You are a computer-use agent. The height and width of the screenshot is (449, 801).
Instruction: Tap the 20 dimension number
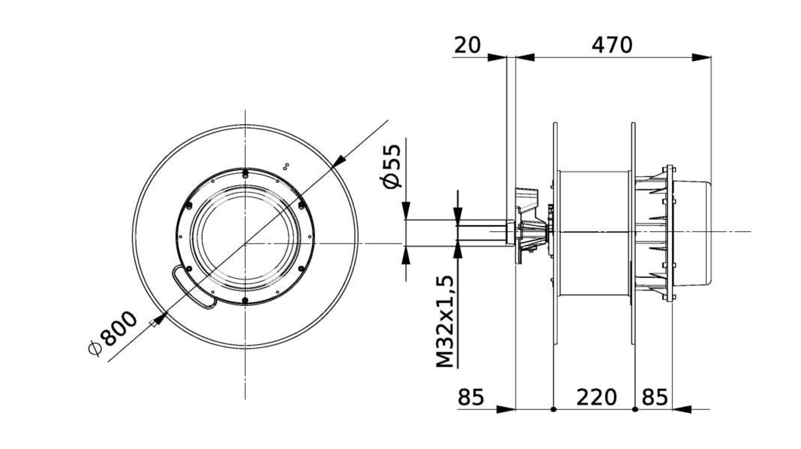tap(467, 45)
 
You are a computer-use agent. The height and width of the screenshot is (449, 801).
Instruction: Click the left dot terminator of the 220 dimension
tap(553, 409)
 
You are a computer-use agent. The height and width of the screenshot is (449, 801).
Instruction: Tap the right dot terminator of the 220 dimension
tap(635, 409)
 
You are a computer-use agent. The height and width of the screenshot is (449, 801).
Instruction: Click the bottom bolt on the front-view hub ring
tap(245, 300)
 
